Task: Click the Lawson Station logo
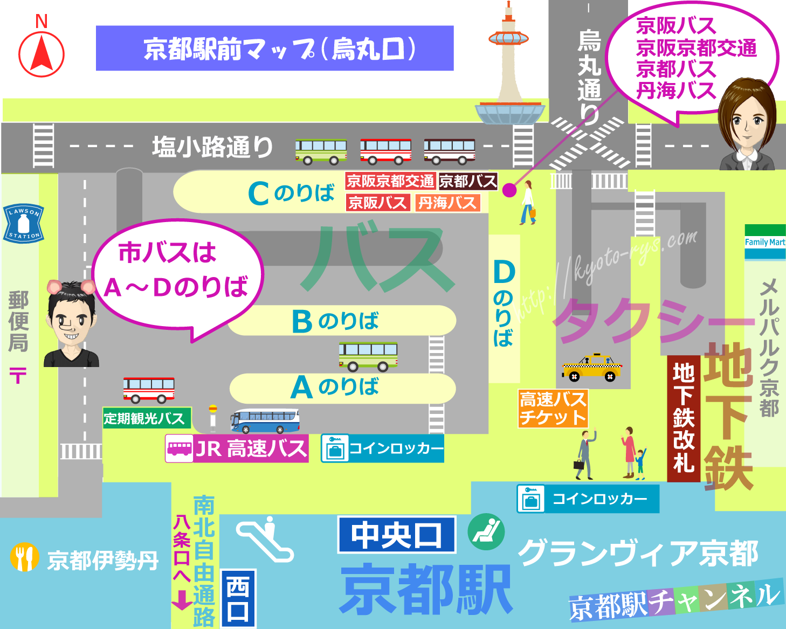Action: (23, 223)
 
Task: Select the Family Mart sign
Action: (765, 242)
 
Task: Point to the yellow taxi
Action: (591, 368)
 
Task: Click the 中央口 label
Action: (397, 535)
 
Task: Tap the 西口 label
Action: (238, 598)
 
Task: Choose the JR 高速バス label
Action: (237, 448)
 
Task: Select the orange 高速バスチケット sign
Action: (553, 409)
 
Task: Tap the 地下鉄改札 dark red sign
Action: (683, 418)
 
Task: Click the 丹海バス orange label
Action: (447, 203)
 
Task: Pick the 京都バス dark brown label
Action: (467, 181)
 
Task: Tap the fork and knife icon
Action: (24, 557)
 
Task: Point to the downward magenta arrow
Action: (182, 599)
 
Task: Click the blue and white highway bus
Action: (265, 421)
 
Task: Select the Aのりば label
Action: (335, 387)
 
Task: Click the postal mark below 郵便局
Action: (18, 375)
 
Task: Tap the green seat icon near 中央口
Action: (486, 531)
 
